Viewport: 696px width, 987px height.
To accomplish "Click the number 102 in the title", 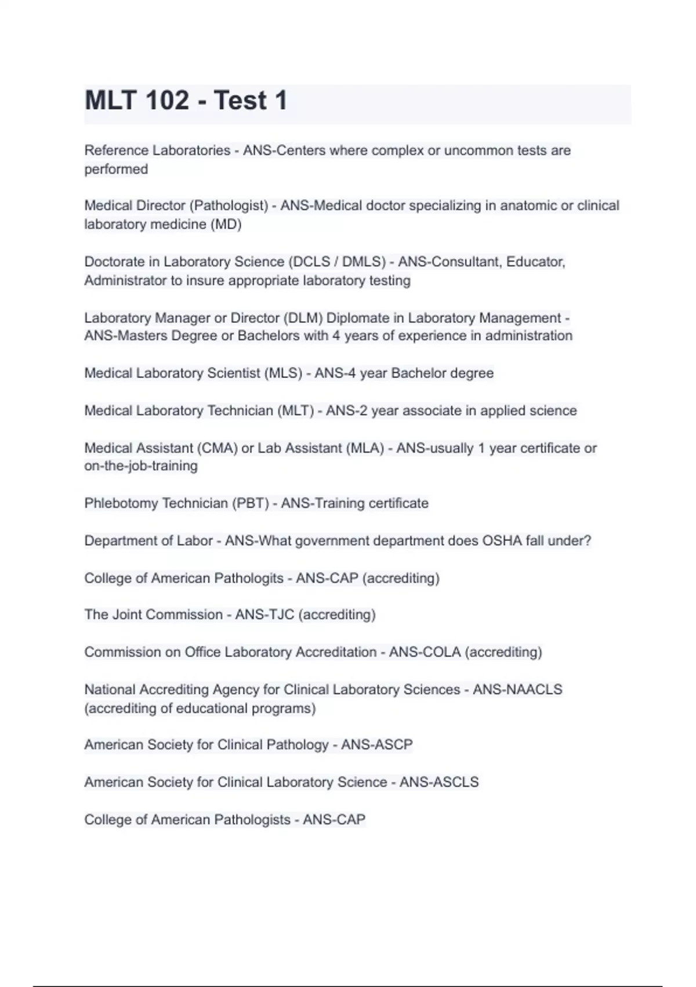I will click(x=167, y=101).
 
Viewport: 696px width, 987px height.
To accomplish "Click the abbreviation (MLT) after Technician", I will click(x=296, y=410).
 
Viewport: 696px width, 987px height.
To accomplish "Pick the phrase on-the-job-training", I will click(x=141, y=466).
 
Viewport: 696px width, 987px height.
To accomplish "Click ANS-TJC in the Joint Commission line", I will click(x=265, y=614).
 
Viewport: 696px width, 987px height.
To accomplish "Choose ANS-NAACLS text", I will click(x=517, y=689).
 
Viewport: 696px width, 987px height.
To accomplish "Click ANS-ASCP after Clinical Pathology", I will click(x=377, y=744).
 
